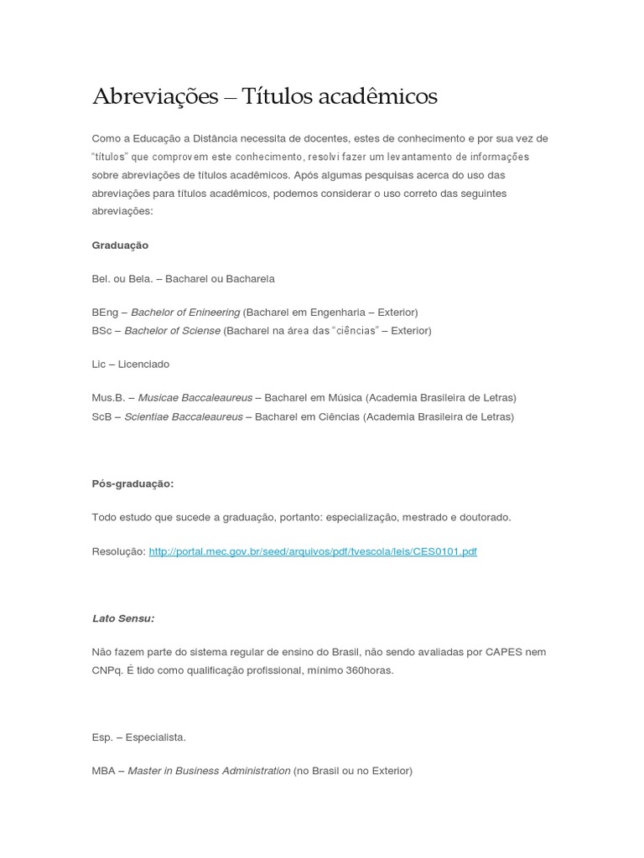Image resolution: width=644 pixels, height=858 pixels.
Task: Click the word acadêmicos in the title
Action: (x=388, y=97)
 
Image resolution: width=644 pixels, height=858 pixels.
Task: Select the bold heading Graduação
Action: (x=120, y=246)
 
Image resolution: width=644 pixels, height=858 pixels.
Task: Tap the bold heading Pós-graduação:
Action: (x=132, y=483)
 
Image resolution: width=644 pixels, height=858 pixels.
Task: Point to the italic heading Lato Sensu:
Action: (x=123, y=618)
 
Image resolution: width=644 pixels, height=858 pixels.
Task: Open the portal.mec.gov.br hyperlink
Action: (x=313, y=551)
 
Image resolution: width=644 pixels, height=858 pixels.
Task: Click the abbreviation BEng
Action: (x=106, y=313)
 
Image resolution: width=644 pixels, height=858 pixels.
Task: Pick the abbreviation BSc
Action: (x=102, y=331)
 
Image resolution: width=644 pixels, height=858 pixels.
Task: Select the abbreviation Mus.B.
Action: (x=108, y=397)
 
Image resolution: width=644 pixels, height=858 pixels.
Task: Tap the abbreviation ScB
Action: (x=102, y=416)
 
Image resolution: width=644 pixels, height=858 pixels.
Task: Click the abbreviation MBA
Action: (x=104, y=771)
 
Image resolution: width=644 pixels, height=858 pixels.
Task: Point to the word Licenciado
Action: (x=143, y=364)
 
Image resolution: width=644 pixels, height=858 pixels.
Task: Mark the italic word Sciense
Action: (x=200, y=331)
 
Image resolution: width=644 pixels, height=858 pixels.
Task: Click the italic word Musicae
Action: (x=158, y=397)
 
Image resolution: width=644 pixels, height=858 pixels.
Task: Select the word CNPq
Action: (x=106, y=670)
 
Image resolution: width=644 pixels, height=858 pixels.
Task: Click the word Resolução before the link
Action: (x=118, y=551)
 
